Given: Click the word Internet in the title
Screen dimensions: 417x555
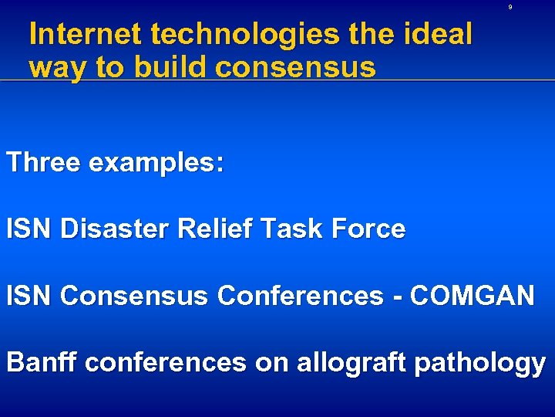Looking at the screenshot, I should [x=86, y=35].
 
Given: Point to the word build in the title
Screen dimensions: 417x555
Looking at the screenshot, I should [x=170, y=68].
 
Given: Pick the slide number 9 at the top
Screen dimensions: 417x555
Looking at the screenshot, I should [x=510, y=8].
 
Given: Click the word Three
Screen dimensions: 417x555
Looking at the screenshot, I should [x=44, y=163].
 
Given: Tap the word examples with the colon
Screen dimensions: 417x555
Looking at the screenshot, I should [x=157, y=164].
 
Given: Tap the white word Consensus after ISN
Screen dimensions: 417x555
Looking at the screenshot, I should [x=133, y=296].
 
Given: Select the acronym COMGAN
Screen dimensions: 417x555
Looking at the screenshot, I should [x=473, y=296].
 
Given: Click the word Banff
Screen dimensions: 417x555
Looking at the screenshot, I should [x=42, y=362].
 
